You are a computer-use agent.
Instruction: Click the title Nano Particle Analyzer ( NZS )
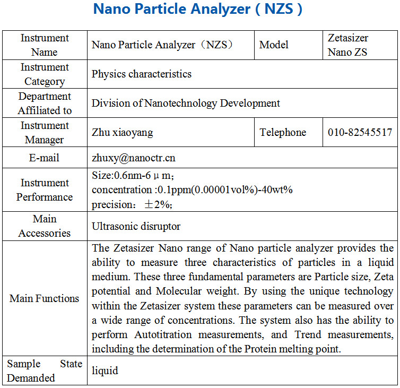coord(198,10)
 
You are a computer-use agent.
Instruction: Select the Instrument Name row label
coord(45,45)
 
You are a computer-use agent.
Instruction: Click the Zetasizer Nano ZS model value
coord(347,45)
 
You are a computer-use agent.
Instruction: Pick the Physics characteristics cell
coord(142,74)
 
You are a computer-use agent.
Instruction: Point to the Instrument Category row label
coord(45,74)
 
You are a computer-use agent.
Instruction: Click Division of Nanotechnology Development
coord(186,104)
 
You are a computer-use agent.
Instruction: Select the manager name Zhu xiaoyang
coord(123,133)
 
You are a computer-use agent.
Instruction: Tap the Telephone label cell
coord(283,133)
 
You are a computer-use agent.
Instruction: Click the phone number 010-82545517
coord(360,133)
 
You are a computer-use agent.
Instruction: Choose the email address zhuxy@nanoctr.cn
coord(134,158)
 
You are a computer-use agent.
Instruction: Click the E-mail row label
coord(45,158)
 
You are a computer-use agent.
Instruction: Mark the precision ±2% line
coord(133,204)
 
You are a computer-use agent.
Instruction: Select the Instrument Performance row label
coord(45,190)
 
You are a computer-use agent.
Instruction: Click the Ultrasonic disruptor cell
coord(136,227)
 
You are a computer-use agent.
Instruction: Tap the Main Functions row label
coord(45,298)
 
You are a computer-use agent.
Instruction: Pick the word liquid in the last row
coord(105,370)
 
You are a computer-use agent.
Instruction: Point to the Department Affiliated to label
coord(45,104)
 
